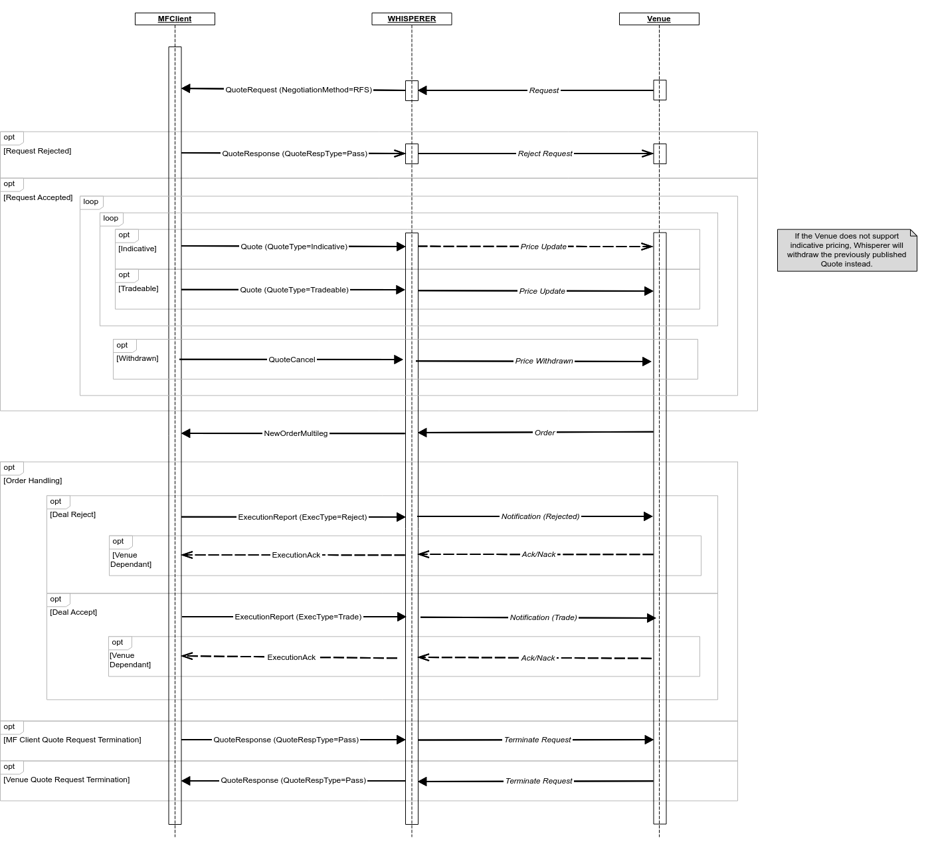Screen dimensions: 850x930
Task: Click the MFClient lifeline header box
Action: click(x=175, y=19)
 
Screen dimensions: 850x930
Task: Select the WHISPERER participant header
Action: click(x=412, y=19)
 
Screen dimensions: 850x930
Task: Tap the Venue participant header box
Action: click(x=659, y=19)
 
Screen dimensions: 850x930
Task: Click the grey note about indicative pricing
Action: click(x=846, y=250)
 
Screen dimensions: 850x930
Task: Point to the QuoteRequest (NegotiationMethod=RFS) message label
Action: click(x=298, y=90)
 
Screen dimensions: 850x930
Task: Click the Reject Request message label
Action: click(x=545, y=154)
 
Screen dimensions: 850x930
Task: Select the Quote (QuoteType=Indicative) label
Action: click(x=294, y=247)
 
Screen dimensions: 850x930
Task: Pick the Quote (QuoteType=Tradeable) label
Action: click(x=294, y=290)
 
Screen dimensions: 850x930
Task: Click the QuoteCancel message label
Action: click(x=292, y=360)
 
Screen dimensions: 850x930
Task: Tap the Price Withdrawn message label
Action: click(x=544, y=361)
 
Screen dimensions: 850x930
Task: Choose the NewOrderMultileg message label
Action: click(x=296, y=433)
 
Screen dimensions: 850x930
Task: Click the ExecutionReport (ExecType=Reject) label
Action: click(x=302, y=517)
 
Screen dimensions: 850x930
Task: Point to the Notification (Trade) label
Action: click(x=543, y=617)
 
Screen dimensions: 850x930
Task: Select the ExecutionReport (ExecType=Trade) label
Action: click(x=298, y=617)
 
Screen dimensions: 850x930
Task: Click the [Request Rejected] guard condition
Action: click(x=37, y=151)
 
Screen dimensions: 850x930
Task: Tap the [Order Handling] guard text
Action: click(x=33, y=480)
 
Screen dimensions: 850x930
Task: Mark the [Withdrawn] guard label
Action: click(x=138, y=358)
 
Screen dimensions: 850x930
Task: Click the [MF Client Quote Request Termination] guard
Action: click(x=72, y=740)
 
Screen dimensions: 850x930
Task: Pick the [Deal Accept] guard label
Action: click(x=73, y=612)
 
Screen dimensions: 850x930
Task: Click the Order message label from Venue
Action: click(x=545, y=433)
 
